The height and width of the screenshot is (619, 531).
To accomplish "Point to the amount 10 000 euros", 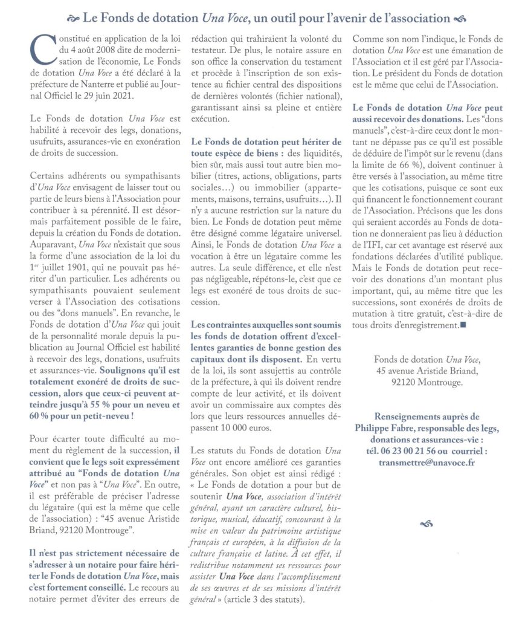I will [230, 428].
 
